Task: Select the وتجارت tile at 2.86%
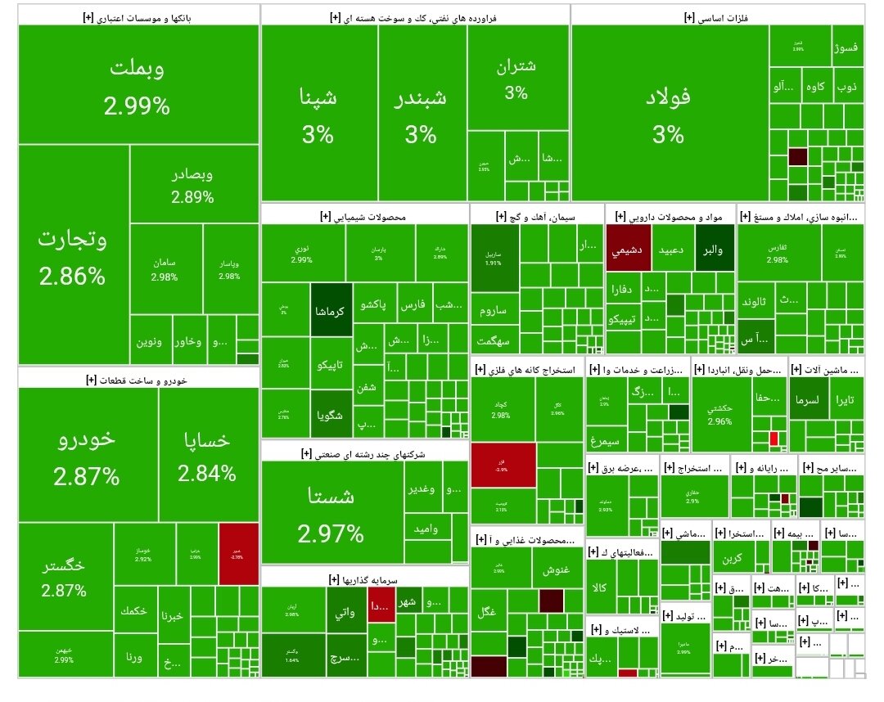72,257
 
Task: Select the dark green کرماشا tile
331,310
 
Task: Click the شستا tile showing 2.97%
331,511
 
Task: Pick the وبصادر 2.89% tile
193,185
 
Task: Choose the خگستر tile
65,576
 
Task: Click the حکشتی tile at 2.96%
720,413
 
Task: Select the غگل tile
487,610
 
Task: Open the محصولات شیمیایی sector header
364,216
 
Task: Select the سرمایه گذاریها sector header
364,578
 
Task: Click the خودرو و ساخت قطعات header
139,380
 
